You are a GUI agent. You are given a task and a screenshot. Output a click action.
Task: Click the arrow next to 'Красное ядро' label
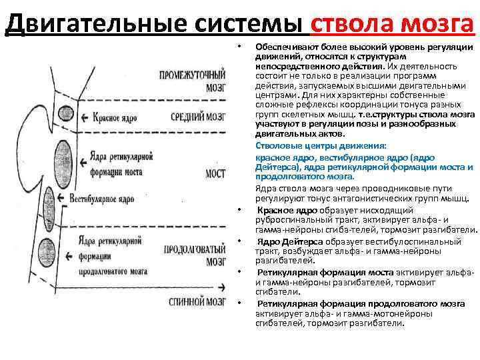[x=84, y=118]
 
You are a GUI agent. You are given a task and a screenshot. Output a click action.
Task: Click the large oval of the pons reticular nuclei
[x=60, y=166]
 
